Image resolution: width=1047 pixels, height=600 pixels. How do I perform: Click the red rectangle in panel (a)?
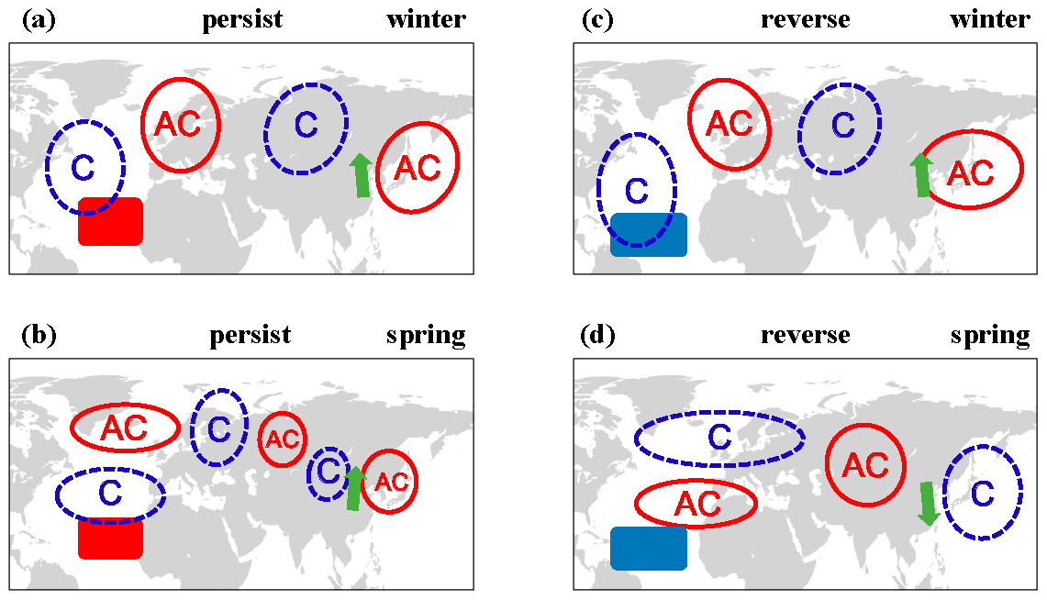tap(110, 222)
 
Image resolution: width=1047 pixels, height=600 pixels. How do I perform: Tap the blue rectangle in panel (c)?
tap(649, 235)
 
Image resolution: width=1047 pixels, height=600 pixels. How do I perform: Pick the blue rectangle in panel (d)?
tap(649, 549)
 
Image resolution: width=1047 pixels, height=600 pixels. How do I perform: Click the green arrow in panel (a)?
tap(362, 176)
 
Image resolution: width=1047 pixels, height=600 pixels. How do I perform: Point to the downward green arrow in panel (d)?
tap(929, 504)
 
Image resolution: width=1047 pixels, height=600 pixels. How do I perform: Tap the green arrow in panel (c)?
tap(920, 175)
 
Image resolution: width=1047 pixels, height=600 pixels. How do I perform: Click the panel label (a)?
tap(39, 20)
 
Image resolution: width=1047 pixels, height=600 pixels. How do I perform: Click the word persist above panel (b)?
tap(250, 336)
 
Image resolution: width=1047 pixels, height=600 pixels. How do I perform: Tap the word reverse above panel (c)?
tap(805, 20)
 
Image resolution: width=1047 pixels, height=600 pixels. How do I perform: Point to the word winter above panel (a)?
tap(426, 20)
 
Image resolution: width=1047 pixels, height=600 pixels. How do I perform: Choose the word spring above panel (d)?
tap(990, 336)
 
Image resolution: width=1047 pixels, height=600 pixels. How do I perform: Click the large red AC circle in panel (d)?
tap(865, 466)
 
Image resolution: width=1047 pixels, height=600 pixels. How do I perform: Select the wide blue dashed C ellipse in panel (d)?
tap(719, 439)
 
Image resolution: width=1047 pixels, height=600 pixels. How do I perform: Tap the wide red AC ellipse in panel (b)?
tap(126, 428)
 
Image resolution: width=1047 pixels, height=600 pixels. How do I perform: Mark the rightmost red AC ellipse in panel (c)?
tap(971, 171)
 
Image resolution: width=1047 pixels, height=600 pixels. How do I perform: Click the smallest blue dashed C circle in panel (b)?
tap(328, 473)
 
